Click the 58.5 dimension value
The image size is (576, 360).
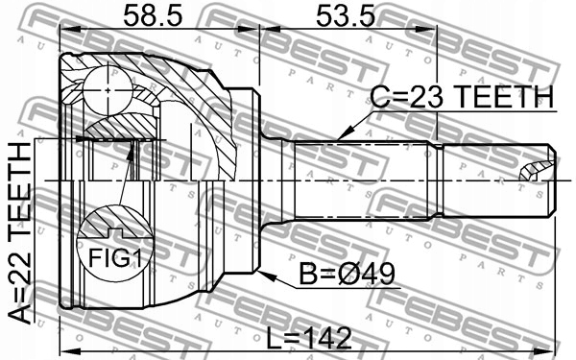(x=153, y=16)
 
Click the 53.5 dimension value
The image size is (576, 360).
(x=346, y=16)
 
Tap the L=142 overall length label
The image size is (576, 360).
(x=309, y=339)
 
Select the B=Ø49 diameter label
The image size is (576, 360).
(x=348, y=274)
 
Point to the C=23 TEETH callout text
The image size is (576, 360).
(x=462, y=97)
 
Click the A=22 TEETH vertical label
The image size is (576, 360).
(x=19, y=233)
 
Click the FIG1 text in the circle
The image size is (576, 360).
(x=115, y=257)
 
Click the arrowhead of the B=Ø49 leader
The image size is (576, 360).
(x=265, y=276)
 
